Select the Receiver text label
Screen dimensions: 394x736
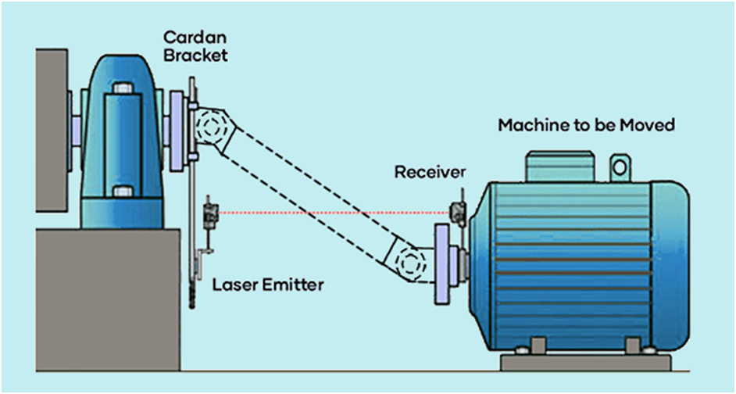pos(429,171)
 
